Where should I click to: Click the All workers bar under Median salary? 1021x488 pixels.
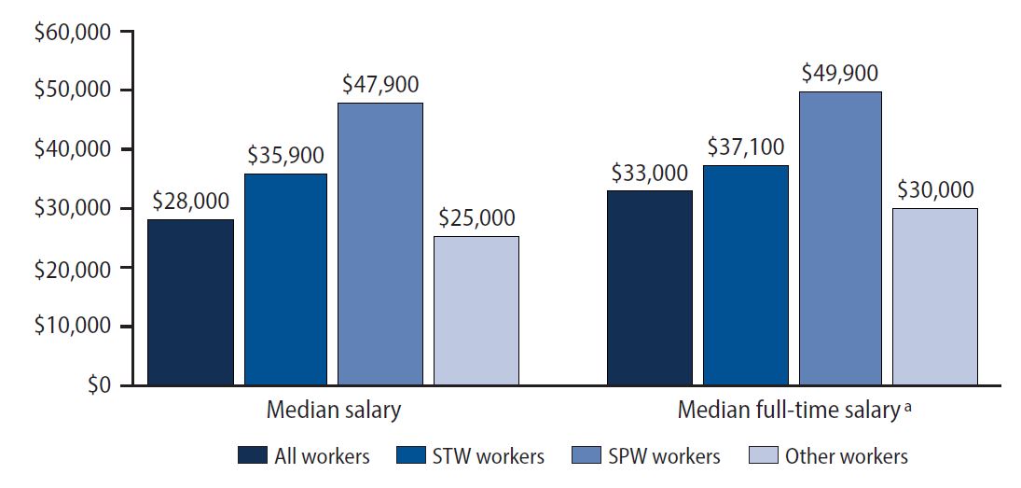[x=190, y=301]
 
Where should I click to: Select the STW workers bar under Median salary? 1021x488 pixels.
[x=286, y=279]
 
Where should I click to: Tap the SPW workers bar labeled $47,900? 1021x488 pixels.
[x=379, y=244]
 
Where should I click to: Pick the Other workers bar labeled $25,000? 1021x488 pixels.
[x=476, y=310]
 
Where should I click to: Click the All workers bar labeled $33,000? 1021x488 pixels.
[x=650, y=287]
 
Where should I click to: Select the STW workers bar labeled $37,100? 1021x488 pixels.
[x=746, y=274]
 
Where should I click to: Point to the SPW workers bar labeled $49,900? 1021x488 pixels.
[x=840, y=238]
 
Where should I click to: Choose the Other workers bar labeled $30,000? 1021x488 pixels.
[x=935, y=296]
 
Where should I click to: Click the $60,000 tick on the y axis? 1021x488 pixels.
[x=72, y=32]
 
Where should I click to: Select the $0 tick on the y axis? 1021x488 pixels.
[x=97, y=384]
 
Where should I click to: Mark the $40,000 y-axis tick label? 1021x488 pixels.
[x=72, y=149]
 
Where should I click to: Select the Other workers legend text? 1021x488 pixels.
[x=846, y=456]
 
